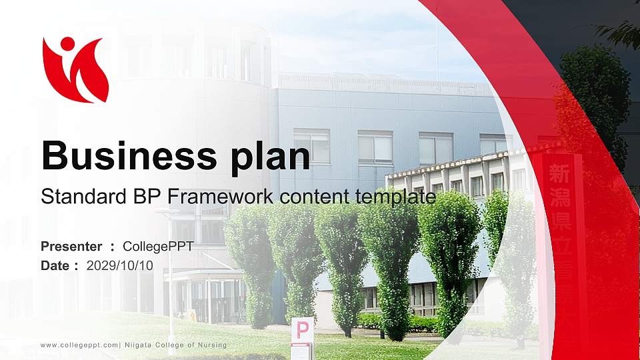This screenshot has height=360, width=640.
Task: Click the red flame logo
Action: click(x=75, y=70)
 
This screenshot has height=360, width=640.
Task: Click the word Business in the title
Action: click(x=124, y=155)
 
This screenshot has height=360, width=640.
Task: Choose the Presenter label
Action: click(x=71, y=247)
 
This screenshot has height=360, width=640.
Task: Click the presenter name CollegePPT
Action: click(x=158, y=247)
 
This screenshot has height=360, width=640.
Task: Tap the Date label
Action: click(x=55, y=265)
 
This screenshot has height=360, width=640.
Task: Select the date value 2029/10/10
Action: click(x=120, y=265)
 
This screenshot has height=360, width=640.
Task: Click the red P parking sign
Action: click(x=302, y=330)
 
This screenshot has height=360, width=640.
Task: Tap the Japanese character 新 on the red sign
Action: click(x=558, y=175)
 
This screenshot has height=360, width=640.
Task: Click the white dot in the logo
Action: click(x=67, y=44)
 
